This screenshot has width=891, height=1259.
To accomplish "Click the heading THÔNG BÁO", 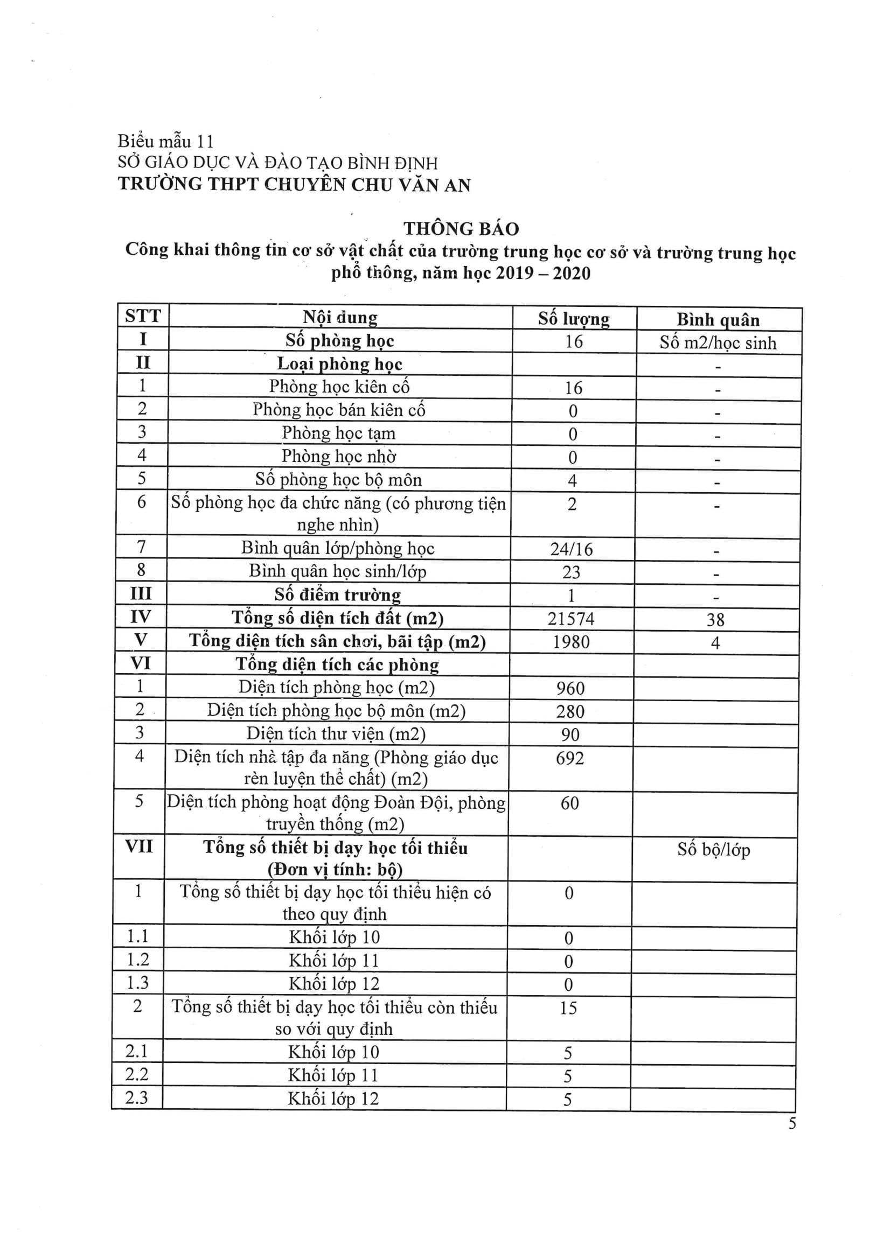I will (x=461, y=229).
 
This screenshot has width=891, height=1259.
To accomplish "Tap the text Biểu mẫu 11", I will (x=165, y=142).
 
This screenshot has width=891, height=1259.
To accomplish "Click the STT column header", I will (x=143, y=317).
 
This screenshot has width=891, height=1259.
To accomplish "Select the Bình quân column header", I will (x=718, y=320).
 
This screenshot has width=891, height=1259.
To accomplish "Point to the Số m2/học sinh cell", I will (x=718, y=343).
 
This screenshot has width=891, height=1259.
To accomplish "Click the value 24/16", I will (x=571, y=549).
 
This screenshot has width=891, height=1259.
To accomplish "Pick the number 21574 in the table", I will (x=570, y=619).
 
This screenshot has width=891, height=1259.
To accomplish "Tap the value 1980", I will (x=570, y=642).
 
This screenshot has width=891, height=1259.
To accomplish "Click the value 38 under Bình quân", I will (x=715, y=620).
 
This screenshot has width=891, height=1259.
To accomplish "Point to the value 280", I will (x=570, y=712).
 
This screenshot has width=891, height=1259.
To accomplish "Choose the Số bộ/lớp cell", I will (x=713, y=849).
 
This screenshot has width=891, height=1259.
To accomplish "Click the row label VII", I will (x=139, y=847).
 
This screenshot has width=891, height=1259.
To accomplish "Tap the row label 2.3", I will (x=137, y=1097).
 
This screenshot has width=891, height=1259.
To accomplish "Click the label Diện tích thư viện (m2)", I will (x=336, y=733).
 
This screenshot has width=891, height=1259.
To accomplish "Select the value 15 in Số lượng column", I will (x=568, y=1008).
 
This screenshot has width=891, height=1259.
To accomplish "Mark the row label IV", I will (x=141, y=617).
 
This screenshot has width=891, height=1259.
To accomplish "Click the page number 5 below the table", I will (x=792, y=1123).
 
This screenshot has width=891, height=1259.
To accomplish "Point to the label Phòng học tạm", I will (x=338, y=433).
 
